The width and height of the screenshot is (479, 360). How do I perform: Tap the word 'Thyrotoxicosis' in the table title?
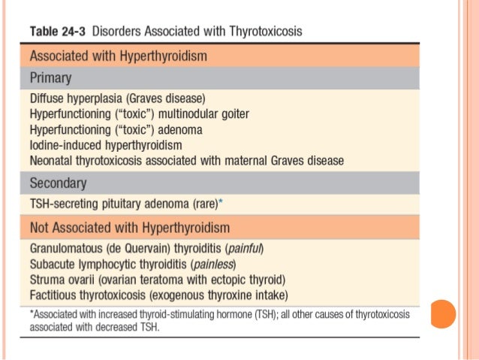[267, 32]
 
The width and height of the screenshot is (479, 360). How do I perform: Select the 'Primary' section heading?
[51, 77]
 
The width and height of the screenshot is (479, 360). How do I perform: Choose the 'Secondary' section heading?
[58, 183]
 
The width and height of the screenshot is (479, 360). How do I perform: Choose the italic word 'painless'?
[214, 265]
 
